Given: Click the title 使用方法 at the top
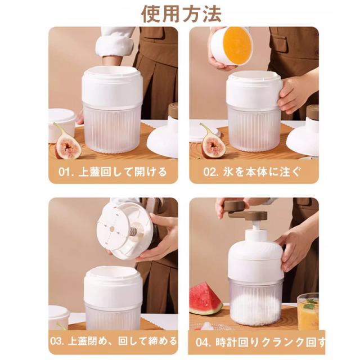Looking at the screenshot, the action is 181,13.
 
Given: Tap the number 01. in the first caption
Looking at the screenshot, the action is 65,172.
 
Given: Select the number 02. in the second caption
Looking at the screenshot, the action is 211,172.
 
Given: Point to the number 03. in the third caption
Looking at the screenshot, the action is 57,341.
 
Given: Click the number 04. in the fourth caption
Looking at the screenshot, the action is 203,343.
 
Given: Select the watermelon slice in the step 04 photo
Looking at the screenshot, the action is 205,299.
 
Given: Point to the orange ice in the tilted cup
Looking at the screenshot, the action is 237,43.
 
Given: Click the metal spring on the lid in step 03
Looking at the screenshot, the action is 133,231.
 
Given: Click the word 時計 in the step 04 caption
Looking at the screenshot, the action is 227,343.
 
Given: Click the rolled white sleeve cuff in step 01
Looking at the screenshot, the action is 115,46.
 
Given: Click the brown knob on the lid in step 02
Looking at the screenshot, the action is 312,112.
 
